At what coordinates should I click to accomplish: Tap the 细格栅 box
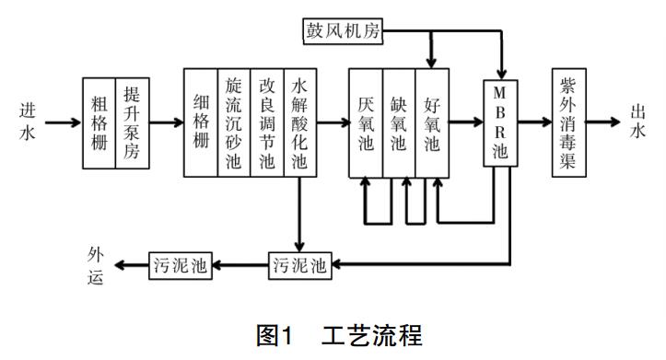[201, 122]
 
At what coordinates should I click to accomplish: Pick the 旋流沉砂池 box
[234, 122]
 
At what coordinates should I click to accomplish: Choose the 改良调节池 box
[267, 122]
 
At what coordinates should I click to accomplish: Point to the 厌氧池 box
[366, 122]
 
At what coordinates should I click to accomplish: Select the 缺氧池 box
[399, 122]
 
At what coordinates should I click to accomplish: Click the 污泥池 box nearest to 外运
[180, 265]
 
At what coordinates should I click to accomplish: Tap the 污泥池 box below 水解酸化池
[299, 265]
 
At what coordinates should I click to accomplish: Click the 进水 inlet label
[28, 121]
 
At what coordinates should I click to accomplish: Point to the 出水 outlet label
[640, 121]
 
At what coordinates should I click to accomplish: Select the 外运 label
[99, 265]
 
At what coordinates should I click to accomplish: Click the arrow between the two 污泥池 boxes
[240, 265]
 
